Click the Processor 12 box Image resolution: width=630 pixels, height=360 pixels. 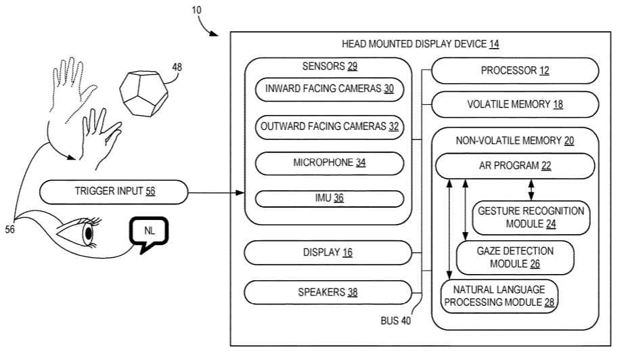514,70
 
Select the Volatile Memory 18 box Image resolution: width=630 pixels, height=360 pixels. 514,105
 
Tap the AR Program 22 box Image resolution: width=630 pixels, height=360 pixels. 514,166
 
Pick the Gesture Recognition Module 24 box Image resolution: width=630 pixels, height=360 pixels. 531,217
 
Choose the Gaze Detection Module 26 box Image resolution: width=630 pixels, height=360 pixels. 515,257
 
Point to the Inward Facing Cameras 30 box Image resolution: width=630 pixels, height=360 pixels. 329,89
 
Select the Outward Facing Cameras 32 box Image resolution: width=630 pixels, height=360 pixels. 329,126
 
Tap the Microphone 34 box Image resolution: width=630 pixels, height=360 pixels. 329,162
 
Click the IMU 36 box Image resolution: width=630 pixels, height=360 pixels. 329,198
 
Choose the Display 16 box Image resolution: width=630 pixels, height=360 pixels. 328,252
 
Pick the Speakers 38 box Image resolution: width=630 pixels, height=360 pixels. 328,292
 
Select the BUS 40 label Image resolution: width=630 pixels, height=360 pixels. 395,321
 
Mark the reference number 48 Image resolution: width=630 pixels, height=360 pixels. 177,67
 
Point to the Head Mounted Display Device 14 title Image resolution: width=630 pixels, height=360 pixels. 420,45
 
